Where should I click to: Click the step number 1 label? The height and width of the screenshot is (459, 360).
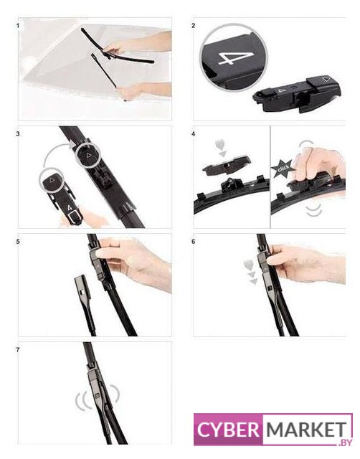tap(18, 26)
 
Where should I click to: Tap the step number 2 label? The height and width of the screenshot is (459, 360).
tap(193, 26)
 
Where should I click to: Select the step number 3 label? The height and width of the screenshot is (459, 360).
tap(18, 134)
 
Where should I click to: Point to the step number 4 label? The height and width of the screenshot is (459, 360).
tap(193, 134)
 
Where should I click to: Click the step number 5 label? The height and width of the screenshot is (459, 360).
tap(18, 242)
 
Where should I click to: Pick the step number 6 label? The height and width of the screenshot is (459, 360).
tap(193, 242)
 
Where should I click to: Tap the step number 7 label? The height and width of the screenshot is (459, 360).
tap(18, 350)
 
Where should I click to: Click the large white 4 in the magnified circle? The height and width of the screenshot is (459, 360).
tap(234, 57)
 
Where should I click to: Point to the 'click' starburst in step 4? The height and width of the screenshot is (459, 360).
tap(282, 169)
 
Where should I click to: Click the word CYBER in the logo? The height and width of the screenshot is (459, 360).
tap(228, 430)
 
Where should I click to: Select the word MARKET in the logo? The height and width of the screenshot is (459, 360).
tap(305, 430)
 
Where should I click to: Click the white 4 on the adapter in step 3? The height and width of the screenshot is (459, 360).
tap(70, 208)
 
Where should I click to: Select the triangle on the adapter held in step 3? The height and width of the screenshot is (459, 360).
tap(52, 180)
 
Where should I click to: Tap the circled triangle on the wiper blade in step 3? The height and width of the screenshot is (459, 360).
tap(88, 155)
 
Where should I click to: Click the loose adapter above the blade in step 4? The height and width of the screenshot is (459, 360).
tap(227, 166)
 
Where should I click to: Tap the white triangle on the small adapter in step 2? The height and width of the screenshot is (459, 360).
tap(326, 79)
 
